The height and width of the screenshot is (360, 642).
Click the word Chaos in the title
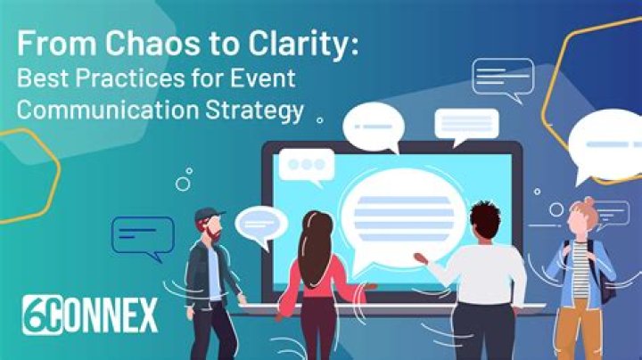tap(122, 45)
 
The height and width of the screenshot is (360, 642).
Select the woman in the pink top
tap(315, 272)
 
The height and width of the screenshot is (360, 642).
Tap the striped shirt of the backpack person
tap(580, 266)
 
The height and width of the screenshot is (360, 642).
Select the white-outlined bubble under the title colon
tap(502, 75)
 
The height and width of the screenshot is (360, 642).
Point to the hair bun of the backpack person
tap(589, 203)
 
